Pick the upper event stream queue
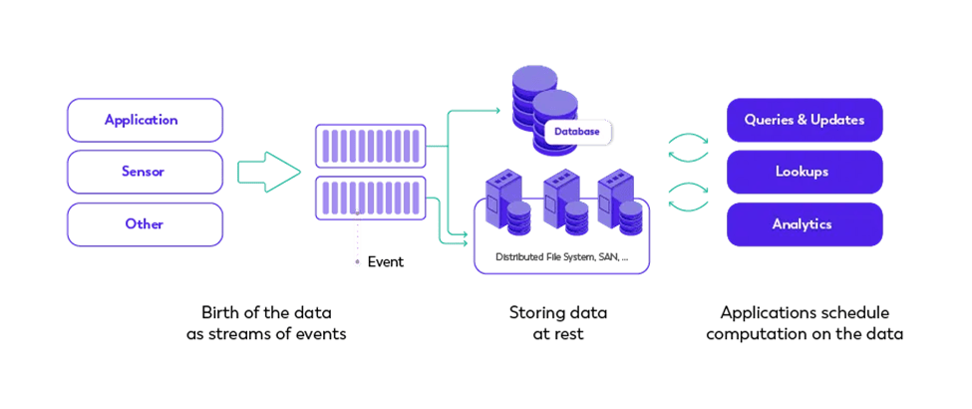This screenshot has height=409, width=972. pos(371,146)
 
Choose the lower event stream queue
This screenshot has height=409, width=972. pos(371,199)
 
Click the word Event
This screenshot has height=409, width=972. pos(386,262)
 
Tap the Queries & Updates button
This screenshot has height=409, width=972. pos(803,120)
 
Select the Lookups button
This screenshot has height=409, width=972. pos(803,172)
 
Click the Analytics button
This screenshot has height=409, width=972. pos(803,223)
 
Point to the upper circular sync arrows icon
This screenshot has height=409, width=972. pos(688,147)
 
